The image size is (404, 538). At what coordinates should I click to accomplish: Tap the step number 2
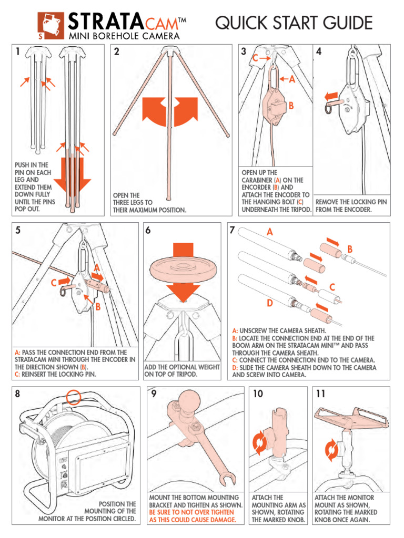(117, 52)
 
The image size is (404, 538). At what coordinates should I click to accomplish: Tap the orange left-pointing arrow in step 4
(331, 96)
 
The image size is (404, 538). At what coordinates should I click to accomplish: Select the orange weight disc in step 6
(181, 268)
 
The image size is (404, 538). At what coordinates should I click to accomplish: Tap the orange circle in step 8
(74, 397)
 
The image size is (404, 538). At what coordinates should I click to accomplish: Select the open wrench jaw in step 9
(227, 479)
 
